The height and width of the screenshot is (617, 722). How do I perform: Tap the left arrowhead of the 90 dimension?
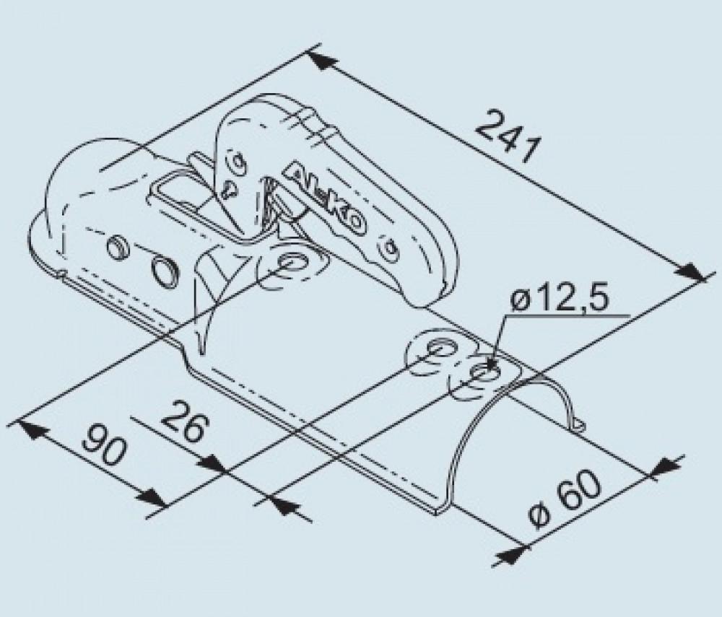pyautogui.click(x=30, y=429)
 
